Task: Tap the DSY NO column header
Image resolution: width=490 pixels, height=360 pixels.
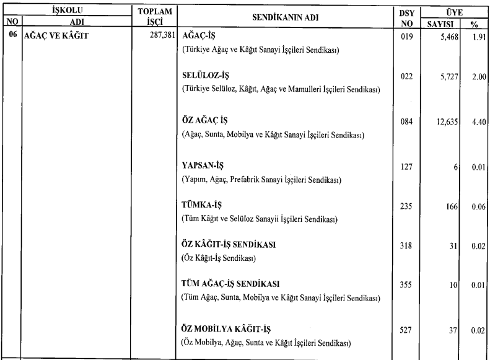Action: (407, 15)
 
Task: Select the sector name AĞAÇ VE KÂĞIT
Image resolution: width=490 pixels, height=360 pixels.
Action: (56, 35)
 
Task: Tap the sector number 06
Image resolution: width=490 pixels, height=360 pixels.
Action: (11, 35)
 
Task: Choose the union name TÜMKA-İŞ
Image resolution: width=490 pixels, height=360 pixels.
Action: (204, 205)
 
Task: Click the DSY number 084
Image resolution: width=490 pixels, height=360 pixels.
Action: (406, 122)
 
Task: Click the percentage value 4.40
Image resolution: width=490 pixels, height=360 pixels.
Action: (477, 122)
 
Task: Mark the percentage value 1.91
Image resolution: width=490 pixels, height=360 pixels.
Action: (477, 36)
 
